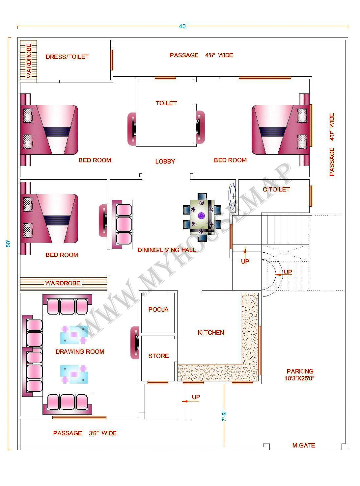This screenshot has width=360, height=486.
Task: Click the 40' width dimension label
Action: [182, 27]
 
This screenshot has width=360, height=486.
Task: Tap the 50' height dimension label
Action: [9, 244]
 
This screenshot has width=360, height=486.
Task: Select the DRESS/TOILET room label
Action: [67, 57]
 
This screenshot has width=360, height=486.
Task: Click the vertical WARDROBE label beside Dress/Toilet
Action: [29, 61]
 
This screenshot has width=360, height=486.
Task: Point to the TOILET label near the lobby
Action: [166, 103]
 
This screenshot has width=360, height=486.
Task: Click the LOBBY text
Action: [165, 162]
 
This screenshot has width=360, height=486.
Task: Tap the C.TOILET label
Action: [276, 190]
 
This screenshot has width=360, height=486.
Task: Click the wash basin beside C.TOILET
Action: [233, 196]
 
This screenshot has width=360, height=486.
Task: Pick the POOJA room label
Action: [158, 310]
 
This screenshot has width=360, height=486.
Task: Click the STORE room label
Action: [158, 356]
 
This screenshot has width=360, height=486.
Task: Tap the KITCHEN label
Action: [211, 333]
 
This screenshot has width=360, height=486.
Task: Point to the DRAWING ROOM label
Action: [80, 352]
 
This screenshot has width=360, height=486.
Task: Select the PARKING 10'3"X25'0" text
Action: [299, 375]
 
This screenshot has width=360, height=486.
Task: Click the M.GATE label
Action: [303, 446]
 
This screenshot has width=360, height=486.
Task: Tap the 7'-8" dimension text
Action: [224, 416]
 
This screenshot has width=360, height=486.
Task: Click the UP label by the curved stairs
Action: [288, 272]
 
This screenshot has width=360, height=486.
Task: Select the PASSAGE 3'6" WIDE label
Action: [85, 433]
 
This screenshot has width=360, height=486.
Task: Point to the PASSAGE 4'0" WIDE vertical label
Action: [332, 144]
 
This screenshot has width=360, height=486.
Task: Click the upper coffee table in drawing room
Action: [74, 335]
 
